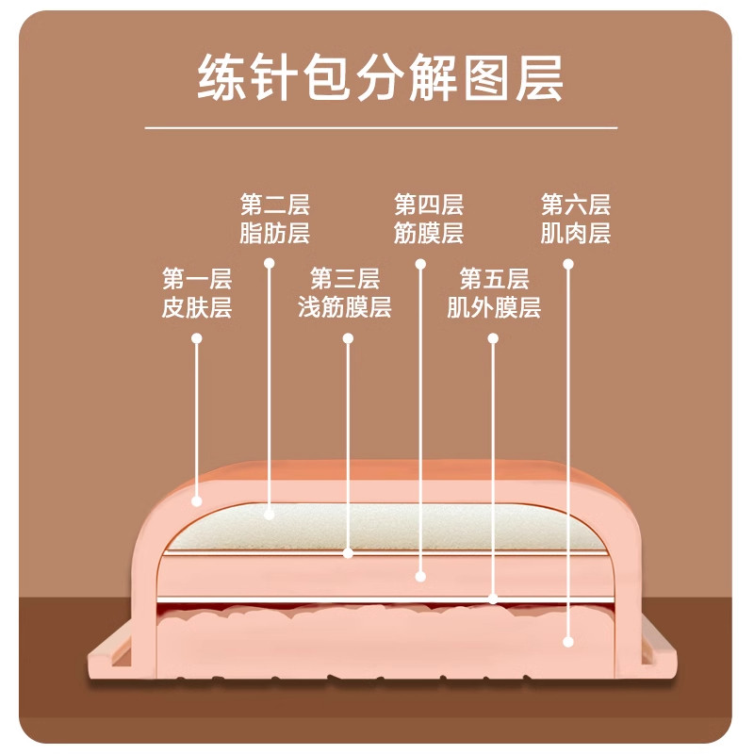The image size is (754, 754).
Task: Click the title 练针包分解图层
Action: point(380,77)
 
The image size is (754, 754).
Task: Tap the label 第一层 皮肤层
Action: point(197,293)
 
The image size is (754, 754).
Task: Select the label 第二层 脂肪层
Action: point(274,219)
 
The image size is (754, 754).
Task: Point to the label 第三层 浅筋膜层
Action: point(344,293)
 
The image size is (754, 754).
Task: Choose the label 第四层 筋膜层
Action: point(429,219)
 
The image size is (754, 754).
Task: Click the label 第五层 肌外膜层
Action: point(494,293)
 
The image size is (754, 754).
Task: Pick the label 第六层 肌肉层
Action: point(576,219)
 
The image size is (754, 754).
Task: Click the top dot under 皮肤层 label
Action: point(196,338)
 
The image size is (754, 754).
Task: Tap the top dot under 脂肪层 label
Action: point(270,263)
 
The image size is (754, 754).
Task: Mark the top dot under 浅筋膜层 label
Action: point(348,338)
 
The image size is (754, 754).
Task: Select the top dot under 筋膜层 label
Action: point(420,264)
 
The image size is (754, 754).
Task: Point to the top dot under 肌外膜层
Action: point(493,338)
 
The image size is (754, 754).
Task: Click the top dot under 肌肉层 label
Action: point(568,264)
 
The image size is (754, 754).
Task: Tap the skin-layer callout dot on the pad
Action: point(196,501)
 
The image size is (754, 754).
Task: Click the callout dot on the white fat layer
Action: point(270,515)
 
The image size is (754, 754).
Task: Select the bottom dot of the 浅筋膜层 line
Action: point(348,553)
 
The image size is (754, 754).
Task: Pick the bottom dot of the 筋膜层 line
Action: point(420,576)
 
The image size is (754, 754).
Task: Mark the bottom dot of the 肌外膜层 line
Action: point(493,599)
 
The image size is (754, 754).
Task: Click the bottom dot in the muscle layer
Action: point(568,642)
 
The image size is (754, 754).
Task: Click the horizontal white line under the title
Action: point(381,128)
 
